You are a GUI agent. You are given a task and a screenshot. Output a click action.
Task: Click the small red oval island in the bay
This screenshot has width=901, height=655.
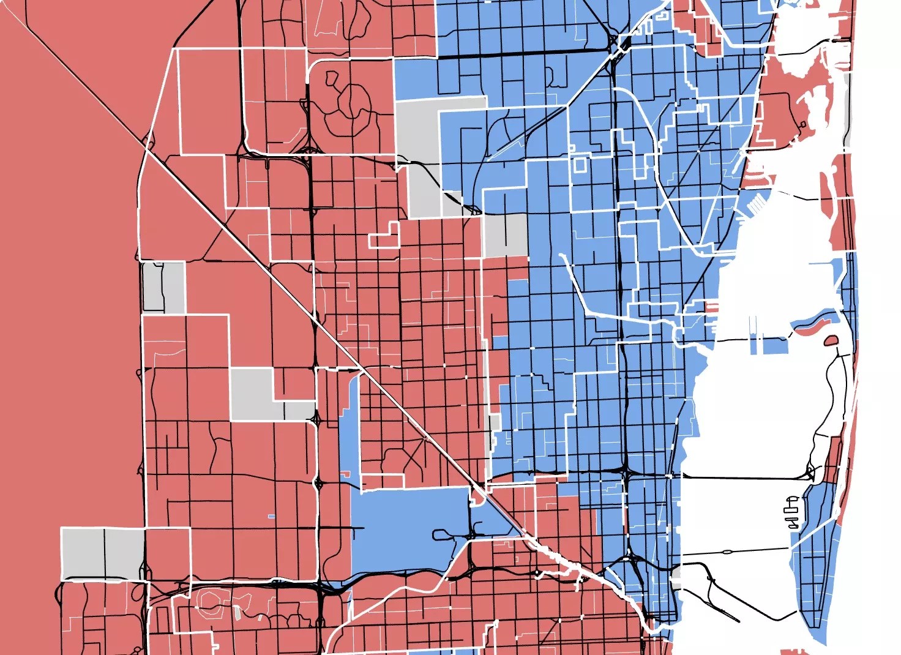coord(831,340)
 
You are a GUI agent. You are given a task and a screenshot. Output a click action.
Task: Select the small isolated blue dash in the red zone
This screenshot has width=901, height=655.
coord(271,517)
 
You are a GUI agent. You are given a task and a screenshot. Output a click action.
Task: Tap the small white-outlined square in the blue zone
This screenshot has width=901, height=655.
coord(580,163)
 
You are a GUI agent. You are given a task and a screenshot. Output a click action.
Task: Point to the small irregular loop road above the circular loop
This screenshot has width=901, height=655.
coord(332,78)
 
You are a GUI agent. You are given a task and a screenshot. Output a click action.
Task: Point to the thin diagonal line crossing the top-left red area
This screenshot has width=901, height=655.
coord(73,67)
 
